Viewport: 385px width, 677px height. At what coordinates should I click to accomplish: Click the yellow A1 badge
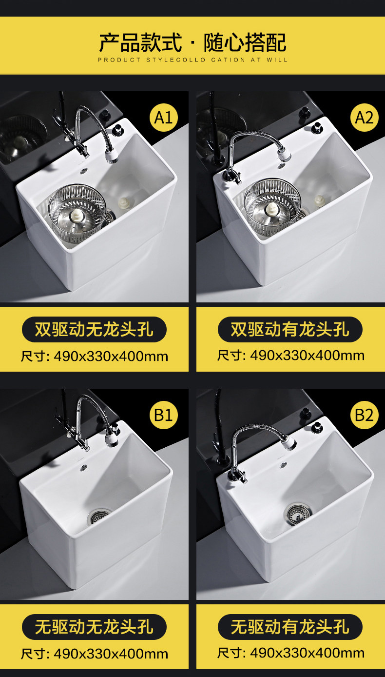[164, 118]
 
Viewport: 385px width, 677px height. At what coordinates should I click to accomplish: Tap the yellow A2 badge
[364, 118]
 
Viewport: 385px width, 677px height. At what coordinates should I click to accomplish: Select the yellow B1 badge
[164, 415]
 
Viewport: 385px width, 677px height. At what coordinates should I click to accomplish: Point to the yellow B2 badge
[364, 415]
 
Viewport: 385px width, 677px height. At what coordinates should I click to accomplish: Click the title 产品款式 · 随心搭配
[192, 42]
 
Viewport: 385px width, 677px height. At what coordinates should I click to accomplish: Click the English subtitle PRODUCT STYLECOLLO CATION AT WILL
[192, 60]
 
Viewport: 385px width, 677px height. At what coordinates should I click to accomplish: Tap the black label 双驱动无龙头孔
[94, 329]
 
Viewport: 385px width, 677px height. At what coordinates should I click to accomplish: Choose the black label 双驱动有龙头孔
[290, 329]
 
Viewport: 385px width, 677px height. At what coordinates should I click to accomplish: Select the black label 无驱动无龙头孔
[94, 627]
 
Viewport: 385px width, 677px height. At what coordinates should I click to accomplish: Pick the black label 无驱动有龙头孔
[290, 627]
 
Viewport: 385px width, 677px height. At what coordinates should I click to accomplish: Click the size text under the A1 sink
[95, 357]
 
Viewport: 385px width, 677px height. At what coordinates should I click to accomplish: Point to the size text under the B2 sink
[291, 653]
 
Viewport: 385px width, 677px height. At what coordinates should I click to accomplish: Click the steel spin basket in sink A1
[77, 213]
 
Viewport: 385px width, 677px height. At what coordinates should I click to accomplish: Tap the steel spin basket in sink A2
[272, 207]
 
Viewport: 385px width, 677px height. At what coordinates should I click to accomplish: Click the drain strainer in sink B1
[98, 517]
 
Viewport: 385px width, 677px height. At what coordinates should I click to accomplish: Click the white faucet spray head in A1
[112, 155]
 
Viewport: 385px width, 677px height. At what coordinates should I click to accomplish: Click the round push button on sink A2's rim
[317, 127]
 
